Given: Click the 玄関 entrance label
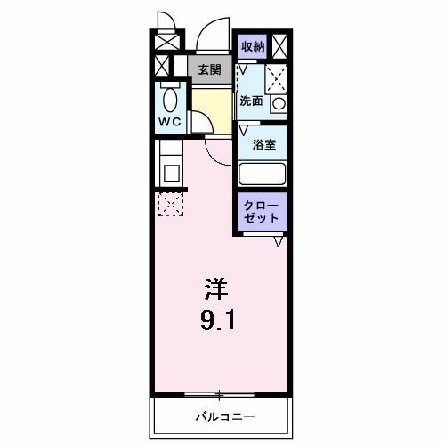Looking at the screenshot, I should click(209, 69).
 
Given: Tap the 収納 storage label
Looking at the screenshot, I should click(252, 45).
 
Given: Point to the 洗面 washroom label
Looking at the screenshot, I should click(250, 101).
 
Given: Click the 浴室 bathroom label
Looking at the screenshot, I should click(263, 142).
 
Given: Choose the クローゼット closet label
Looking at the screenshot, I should click(262, 212).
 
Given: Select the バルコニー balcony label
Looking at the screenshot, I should click(223, 417).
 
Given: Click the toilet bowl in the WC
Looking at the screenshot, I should click(170, 95).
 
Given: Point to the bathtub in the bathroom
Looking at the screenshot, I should click(262, 174).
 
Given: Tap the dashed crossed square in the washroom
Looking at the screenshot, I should click(277, 77).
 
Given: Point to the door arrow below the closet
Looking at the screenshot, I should click(279, 241).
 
